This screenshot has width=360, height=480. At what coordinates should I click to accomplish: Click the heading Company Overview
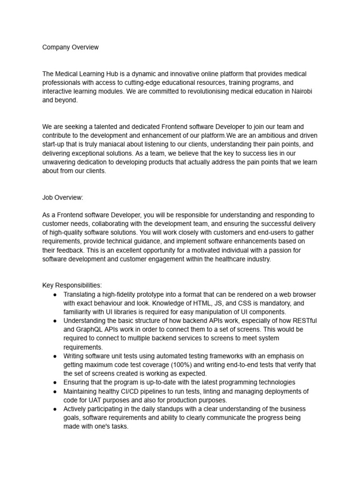click(70, 47)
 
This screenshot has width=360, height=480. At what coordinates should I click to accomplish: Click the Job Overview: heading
click(63, 197)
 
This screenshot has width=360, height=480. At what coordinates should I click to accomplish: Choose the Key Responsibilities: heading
click(72, 285)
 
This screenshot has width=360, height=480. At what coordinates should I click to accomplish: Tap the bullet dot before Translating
click(55, 294)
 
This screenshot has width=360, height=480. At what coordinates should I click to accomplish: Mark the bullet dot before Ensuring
click(55, 382)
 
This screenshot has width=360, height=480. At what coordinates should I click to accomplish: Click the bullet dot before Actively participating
click(55, 409)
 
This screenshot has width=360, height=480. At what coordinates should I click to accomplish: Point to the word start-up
click(55, 144)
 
